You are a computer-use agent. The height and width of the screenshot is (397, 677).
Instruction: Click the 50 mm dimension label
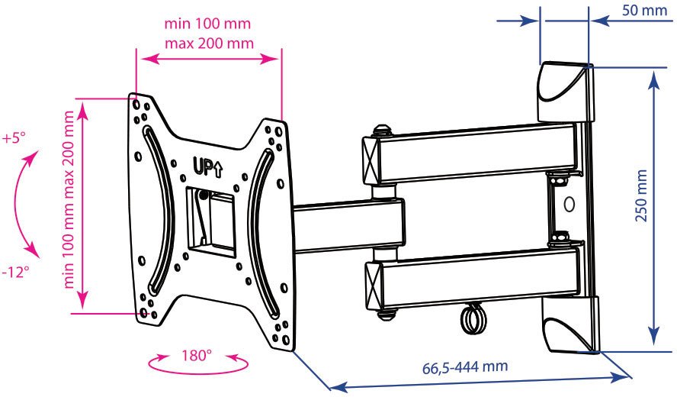644,10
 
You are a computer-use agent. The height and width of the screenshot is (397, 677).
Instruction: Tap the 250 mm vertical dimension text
642,195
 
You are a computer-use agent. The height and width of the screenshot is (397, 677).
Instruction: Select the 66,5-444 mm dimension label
465,367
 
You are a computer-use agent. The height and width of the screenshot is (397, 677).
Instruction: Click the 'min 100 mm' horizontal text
207,23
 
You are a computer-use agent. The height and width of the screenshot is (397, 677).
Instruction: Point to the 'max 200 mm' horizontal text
209,44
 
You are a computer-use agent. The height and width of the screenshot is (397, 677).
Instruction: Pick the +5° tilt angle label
14,138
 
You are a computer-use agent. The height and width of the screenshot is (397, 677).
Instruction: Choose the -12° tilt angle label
15,272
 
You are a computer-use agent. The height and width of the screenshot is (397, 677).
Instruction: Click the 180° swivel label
197,356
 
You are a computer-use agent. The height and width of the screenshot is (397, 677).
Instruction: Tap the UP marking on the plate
207,169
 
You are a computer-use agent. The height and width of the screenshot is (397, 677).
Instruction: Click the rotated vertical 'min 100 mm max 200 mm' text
69,200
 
